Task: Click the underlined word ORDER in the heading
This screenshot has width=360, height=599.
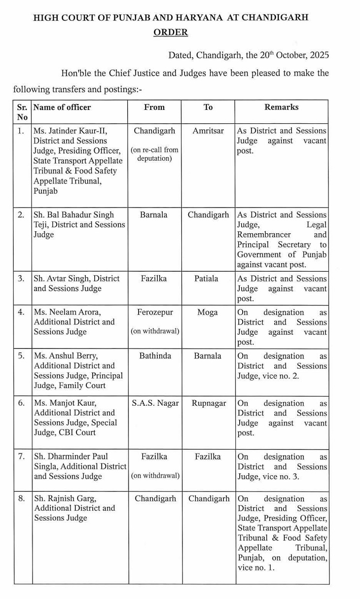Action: (x=171, y=33)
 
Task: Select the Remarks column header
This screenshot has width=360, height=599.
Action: (x=281, y=107)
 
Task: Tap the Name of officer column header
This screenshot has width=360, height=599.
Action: (x=62, y=107)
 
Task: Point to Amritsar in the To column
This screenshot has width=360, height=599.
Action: (x=208, y=131)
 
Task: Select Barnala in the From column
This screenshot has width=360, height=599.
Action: (x=154, y=215)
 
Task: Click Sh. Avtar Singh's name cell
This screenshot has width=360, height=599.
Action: (x=76, y=283)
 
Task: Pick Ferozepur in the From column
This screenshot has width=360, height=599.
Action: (x=154, y=312)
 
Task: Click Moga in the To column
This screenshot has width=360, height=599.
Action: (x=207, y=312)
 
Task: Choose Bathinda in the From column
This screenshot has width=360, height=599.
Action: (x=154, y=355)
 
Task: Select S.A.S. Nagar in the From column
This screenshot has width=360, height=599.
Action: (x=154, y=403)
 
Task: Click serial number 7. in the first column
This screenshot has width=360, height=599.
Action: (x=21, y=456)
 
